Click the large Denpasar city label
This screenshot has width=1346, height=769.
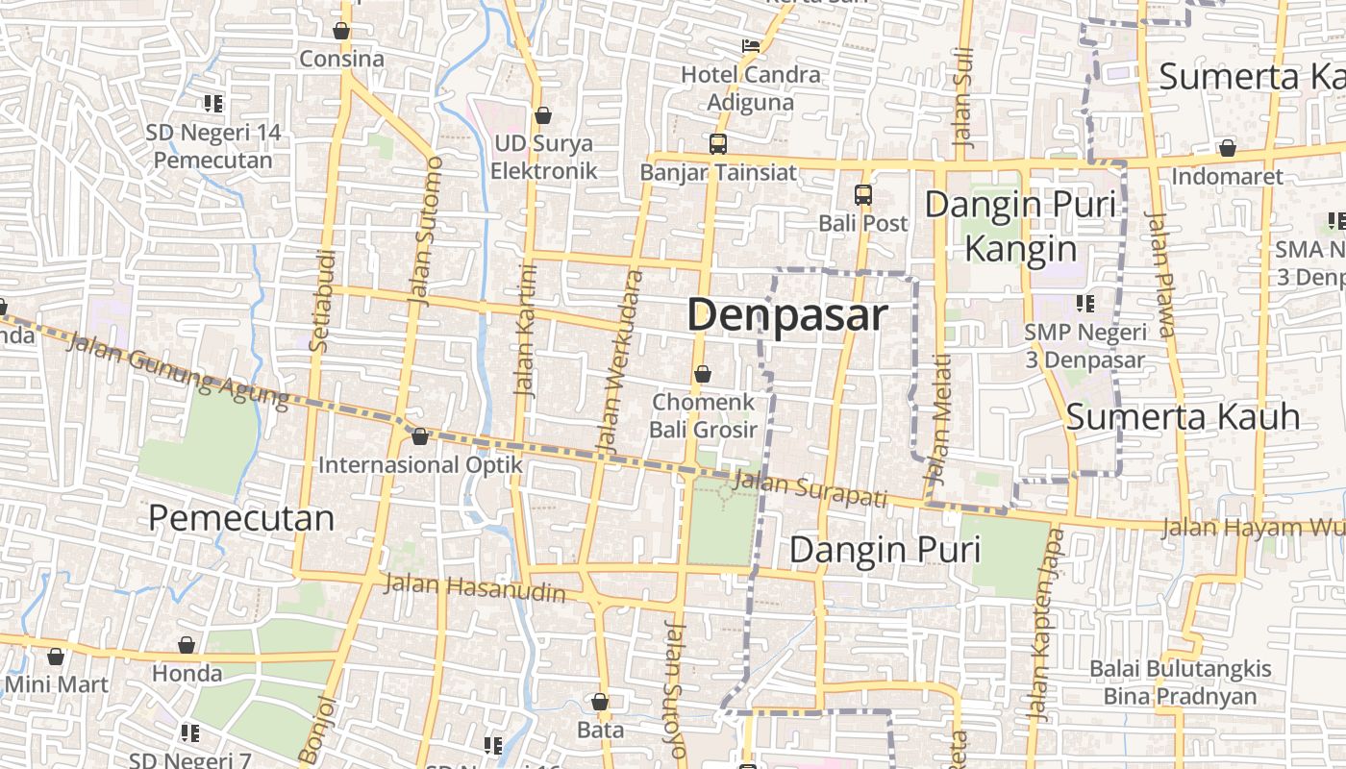786,315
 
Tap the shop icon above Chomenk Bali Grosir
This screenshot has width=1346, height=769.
703,374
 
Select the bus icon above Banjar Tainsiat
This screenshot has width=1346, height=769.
718,144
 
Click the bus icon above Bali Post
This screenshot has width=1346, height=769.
863,195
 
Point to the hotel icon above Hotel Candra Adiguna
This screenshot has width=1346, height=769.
751,45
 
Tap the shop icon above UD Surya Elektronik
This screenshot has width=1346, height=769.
543,115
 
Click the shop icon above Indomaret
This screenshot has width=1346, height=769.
1227,148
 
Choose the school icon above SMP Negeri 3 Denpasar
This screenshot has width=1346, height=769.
1085,304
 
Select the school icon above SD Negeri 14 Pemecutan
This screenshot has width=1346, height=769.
213,104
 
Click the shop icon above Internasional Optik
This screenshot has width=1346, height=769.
420,436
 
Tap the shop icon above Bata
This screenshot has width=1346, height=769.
600,702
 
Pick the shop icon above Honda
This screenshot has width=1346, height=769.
187,645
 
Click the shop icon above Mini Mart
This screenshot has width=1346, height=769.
56,657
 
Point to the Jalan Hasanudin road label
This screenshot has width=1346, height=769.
474,587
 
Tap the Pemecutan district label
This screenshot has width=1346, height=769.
241,518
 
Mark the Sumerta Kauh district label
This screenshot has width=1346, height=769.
1183,417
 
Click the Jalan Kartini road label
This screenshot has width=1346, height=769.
525,330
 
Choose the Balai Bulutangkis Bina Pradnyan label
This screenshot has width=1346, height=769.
1180,682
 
